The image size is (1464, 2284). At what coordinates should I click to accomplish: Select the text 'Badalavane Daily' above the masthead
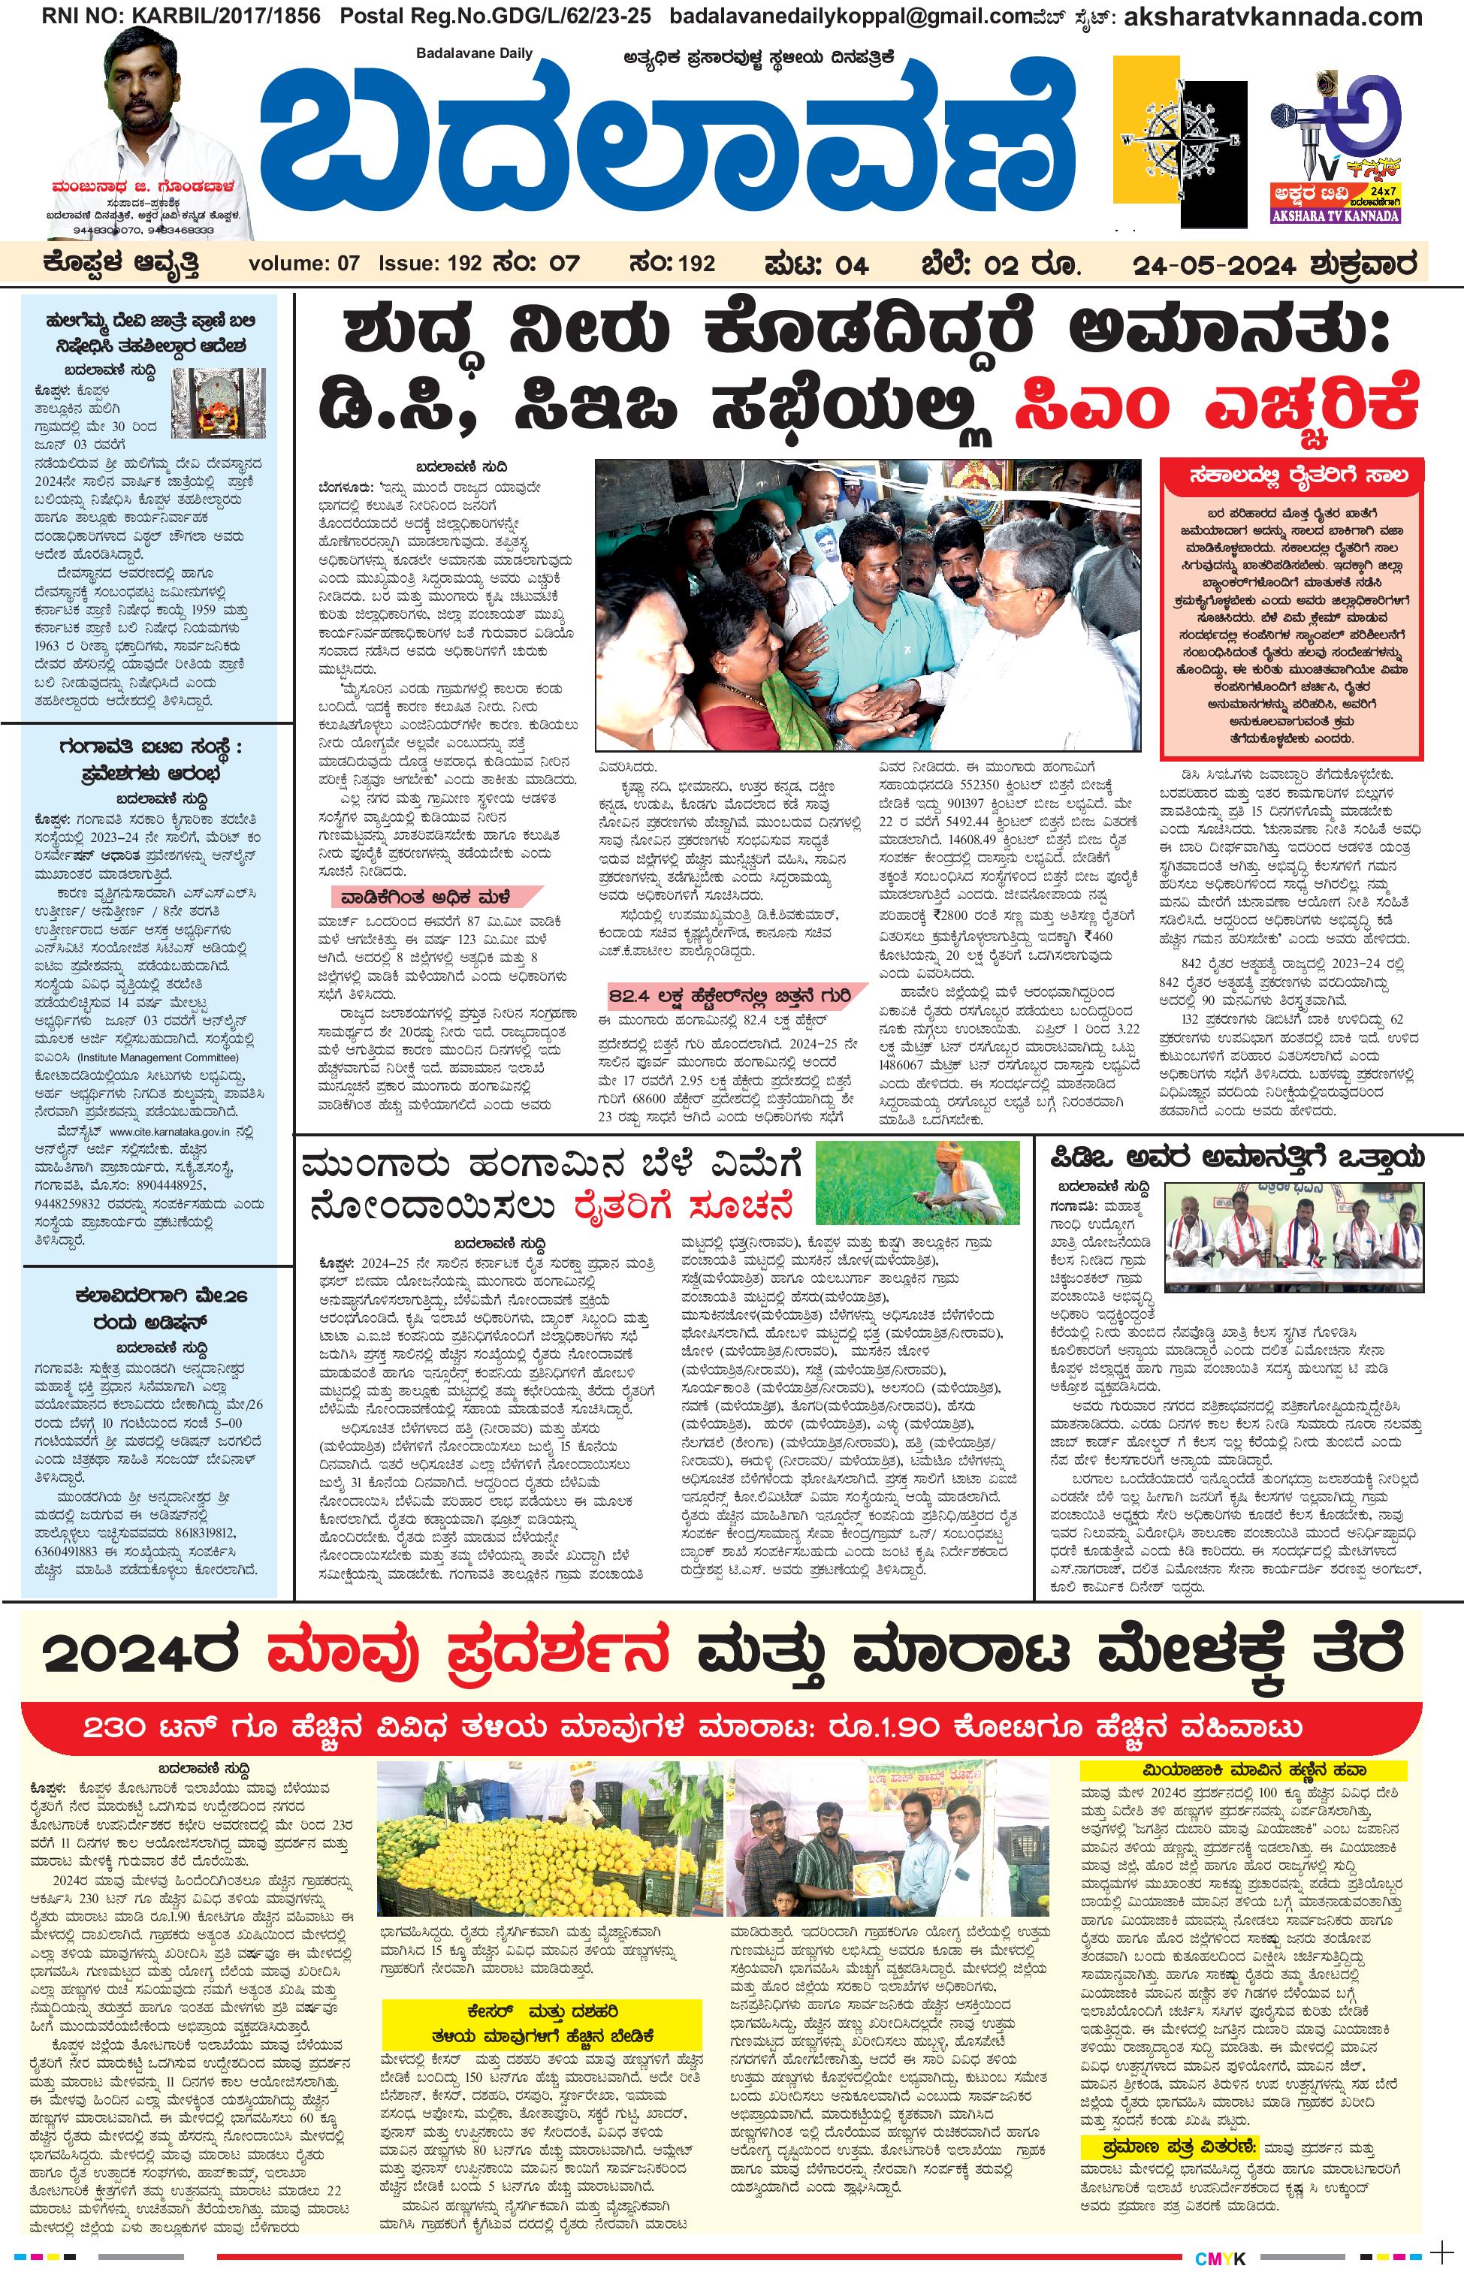coord(475,53)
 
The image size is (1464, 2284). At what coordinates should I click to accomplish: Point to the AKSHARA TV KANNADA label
coord(1336,216)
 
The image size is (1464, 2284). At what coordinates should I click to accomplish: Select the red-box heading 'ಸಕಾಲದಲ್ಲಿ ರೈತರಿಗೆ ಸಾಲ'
coord(1291,474)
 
